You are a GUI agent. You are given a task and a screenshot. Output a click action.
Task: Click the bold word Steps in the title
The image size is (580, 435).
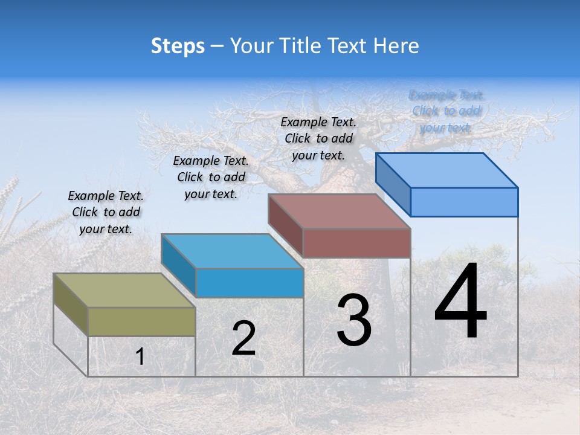(x=178, y=46)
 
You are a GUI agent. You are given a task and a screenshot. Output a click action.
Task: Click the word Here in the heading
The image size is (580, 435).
(x=396, y=46)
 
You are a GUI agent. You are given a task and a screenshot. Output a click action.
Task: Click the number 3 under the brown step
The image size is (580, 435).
(x=354, y=320)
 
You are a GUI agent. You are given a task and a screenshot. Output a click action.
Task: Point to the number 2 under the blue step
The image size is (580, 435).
(x=243, y=338)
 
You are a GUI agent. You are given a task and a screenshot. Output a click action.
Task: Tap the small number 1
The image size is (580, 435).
(x=140, y=357)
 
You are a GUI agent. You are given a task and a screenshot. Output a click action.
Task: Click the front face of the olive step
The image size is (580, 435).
(x=141, y=321)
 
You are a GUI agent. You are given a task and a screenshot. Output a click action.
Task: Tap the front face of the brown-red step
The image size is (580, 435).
(x=356, y=243)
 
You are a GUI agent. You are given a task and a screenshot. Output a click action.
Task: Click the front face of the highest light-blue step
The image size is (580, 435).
(x=464, y=202)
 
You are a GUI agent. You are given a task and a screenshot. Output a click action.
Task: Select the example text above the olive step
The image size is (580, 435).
(x=106, y=212)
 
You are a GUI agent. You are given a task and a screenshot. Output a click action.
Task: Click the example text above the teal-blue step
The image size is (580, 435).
(x=211, y=177)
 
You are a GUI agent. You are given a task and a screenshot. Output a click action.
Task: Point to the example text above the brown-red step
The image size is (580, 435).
(x=318, y=138)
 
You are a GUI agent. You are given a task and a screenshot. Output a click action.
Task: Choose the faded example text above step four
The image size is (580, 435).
(x=446, y=111)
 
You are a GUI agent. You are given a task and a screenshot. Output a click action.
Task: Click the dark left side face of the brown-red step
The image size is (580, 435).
(x=285, y=225)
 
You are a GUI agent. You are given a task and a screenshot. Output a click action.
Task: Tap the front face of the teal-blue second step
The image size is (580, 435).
(x=250, y=283)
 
